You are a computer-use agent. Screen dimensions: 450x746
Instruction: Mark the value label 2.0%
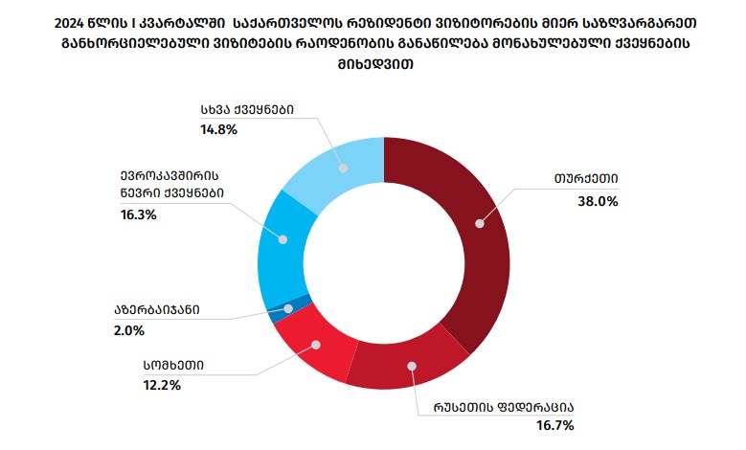point(128,330)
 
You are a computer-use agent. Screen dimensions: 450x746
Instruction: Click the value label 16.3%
point(137,215)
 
